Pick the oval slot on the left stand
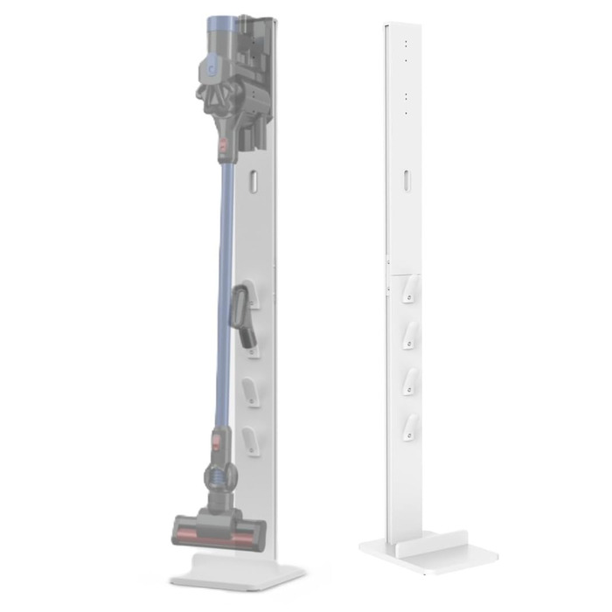[x=252, y=182]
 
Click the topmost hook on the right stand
[x=407, y=294]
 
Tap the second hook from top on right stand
[x=407, y=336]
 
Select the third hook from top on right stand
[x=407, y=381]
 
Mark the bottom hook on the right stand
[x=407, y=425]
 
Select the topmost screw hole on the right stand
[x=407, y=41]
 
